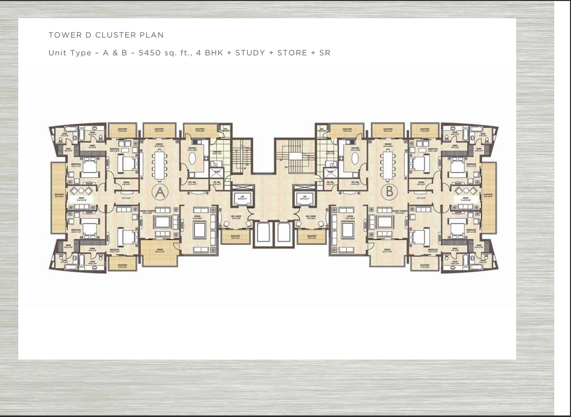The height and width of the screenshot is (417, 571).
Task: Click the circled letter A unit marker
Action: pos(159,192)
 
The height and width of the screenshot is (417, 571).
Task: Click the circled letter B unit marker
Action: pos(388,192)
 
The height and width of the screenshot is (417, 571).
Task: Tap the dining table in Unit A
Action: pos(159,165)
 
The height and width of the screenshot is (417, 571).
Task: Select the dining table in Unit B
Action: pos(388,165)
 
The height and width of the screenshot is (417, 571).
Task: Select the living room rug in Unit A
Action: pos(199,230)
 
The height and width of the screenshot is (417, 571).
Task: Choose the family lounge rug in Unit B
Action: pos(384,222)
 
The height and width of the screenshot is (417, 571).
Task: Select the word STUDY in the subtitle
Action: pos(250,53)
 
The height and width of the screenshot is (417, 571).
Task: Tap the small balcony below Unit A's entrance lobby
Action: pos(236,237)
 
